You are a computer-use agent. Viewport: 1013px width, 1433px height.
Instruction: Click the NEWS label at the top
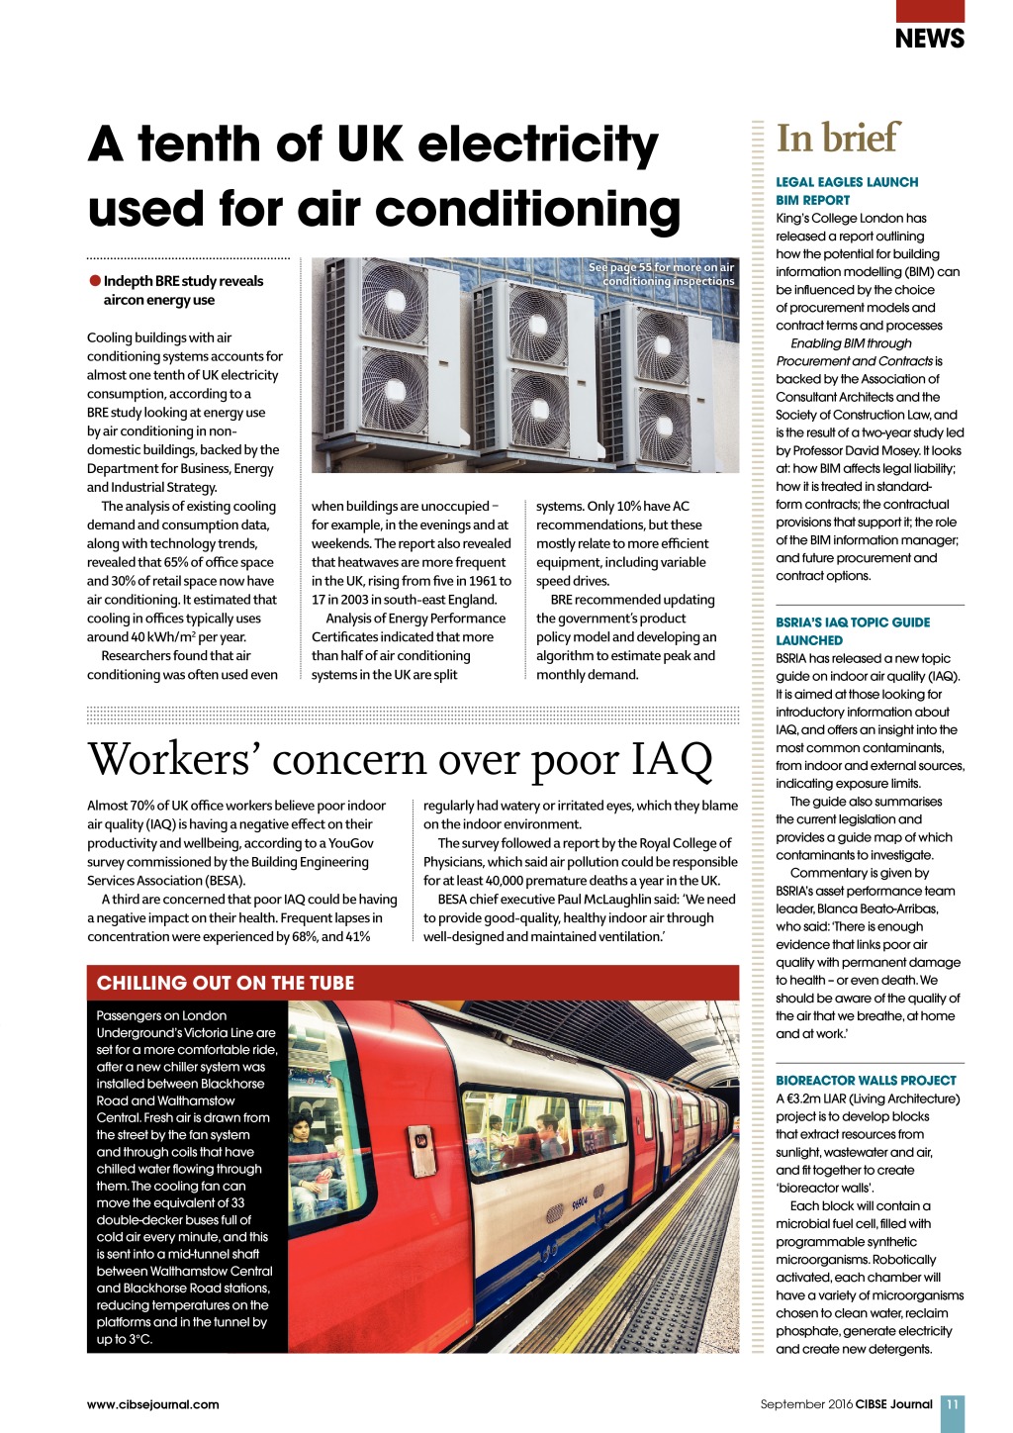coord(929,39)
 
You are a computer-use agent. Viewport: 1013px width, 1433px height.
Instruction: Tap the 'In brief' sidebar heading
coord(838,138)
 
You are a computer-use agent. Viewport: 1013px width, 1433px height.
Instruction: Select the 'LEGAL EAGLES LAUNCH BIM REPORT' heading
coord(846,191)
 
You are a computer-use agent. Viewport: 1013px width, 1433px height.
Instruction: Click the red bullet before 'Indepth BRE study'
coord(95,281)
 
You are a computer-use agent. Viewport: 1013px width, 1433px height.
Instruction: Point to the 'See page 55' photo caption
coord(662,274)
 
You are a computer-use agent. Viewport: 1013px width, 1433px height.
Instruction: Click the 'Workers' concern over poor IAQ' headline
coord(400,760)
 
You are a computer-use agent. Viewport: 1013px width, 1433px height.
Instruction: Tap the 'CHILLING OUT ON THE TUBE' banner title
coord(226,983)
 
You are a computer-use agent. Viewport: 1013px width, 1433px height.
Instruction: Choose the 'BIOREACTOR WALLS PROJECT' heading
coord(866,1081)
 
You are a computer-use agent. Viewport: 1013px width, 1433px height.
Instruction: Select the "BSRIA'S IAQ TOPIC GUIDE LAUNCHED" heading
coord(853,631)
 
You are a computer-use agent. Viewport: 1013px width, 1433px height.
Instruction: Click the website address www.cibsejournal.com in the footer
coord(153,1404)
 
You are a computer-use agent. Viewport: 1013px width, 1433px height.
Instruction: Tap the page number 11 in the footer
coord(952,1404)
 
